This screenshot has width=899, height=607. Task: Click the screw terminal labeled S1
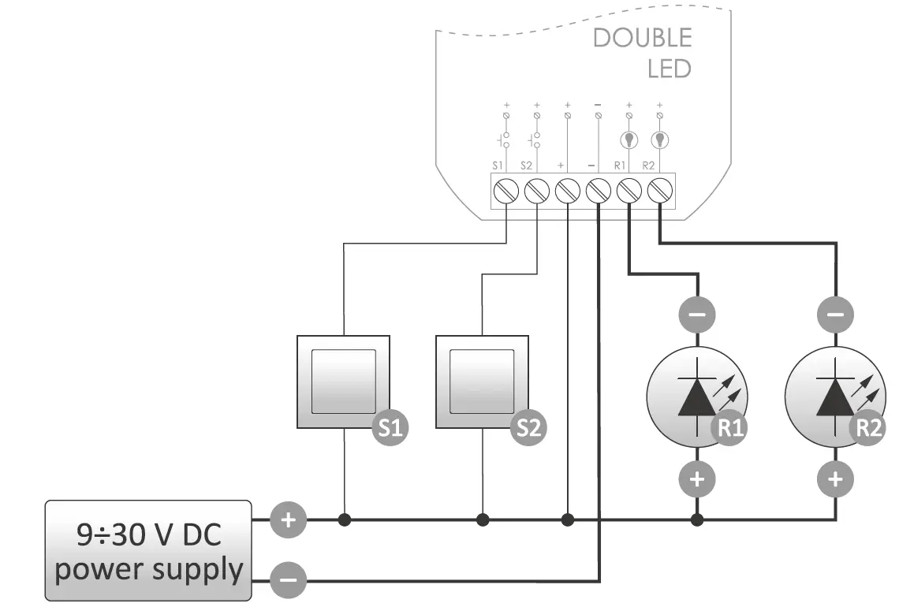tap(505, 192)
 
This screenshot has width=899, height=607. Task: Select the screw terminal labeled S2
tap(536, 192)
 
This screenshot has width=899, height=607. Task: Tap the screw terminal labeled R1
tap(629, 192)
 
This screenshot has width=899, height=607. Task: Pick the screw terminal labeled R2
tap(659, 192)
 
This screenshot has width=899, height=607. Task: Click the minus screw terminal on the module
tap(599, 192)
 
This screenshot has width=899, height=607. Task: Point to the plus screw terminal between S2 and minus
tap(568, 192)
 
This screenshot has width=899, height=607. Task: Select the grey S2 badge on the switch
tap(529, 428)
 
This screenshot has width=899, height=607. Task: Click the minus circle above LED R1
tap(696, 315)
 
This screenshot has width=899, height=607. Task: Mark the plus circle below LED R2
tap(836, 479)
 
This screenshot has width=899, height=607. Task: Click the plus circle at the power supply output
tap(288, 519)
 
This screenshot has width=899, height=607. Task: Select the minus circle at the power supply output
tap(288, 582)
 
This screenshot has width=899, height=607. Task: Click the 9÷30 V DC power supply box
tap(148, 550)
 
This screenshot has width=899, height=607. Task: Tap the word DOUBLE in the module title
tap(642, 38)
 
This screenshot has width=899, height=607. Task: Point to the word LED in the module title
tap(669, 69)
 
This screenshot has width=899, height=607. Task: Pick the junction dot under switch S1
tap(344, 520)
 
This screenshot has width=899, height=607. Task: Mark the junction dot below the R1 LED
tap(696, 520)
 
